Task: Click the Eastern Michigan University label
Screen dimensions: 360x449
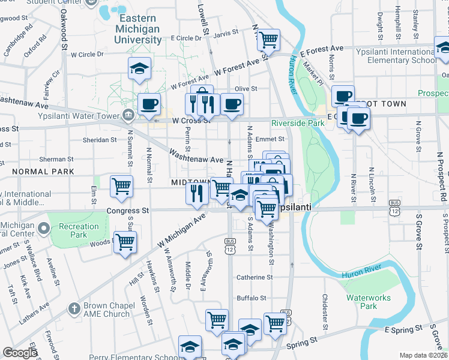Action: coord(138,29)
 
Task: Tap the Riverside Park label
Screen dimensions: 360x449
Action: coord(297,123)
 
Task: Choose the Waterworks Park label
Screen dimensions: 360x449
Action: coord(369,302)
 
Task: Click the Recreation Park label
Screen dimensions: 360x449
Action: coord(79,230)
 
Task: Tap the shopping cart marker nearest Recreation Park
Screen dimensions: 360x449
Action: coord(125,242)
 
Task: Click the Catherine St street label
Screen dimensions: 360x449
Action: coord(255,277)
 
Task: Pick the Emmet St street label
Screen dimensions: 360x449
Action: coord(270,139)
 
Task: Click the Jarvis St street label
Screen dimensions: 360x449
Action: coord(226,34)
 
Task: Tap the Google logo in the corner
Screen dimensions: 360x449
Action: coord(20,353)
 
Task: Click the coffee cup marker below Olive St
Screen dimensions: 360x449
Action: coord(232,104)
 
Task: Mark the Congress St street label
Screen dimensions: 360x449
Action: coord(127,211)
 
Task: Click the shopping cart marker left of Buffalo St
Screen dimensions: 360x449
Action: coord(217,320)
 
